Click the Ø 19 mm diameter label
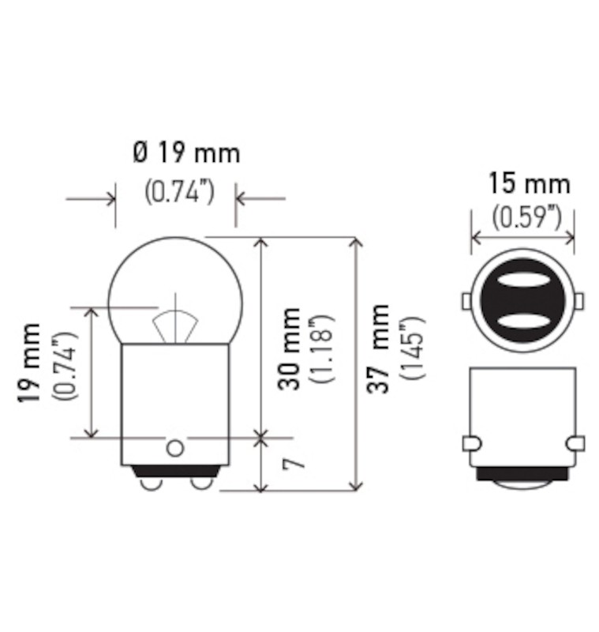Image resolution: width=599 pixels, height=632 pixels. (x=186, y=153)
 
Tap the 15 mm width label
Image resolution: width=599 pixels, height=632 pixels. (x=530, y=183)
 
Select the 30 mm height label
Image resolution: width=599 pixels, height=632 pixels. (x=289, y=348)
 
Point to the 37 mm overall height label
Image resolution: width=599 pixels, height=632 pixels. (x=378, y=348)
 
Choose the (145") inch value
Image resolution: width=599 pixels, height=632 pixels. (x=412, y=348)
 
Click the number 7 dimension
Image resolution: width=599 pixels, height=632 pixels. (x=294, y=464)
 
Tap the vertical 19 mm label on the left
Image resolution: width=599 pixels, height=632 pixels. (x=28, y=363)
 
